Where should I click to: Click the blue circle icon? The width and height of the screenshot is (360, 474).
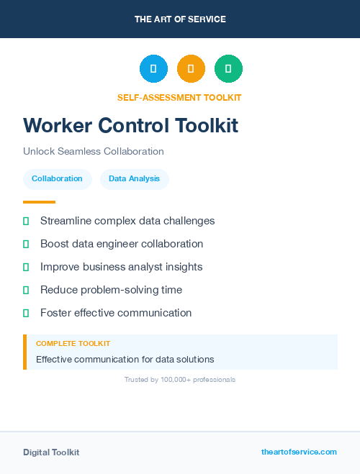point(153,68)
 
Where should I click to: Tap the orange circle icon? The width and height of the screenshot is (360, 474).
point(191,68)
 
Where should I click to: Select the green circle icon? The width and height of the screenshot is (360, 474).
point(228,68)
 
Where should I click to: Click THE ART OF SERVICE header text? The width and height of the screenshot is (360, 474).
point(180,19)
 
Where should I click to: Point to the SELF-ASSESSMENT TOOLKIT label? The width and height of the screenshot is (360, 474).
point(179,98)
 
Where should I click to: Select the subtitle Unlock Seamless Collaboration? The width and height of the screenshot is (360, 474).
point(94,152)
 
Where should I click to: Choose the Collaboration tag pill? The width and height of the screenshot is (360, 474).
point(57,179)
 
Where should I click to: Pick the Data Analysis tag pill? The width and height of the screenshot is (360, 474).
point(135,179)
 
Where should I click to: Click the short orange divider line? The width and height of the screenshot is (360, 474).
point(39,202)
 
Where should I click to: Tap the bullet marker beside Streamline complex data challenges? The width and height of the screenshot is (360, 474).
point(26,221)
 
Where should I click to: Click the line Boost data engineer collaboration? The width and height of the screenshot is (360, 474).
point(122,244)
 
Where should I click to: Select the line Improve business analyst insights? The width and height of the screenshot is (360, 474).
point(121,267)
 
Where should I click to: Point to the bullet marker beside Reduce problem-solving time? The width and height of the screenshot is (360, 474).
point(26,290)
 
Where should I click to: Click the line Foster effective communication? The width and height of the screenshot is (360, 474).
point(116,313)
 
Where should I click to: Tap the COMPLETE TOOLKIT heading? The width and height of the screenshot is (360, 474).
point(73,344)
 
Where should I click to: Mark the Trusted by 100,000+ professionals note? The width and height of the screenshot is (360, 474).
point(180,379)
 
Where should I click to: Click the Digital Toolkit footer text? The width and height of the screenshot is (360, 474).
point(51,452)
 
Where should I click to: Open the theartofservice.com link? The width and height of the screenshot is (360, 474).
point(299,452)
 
